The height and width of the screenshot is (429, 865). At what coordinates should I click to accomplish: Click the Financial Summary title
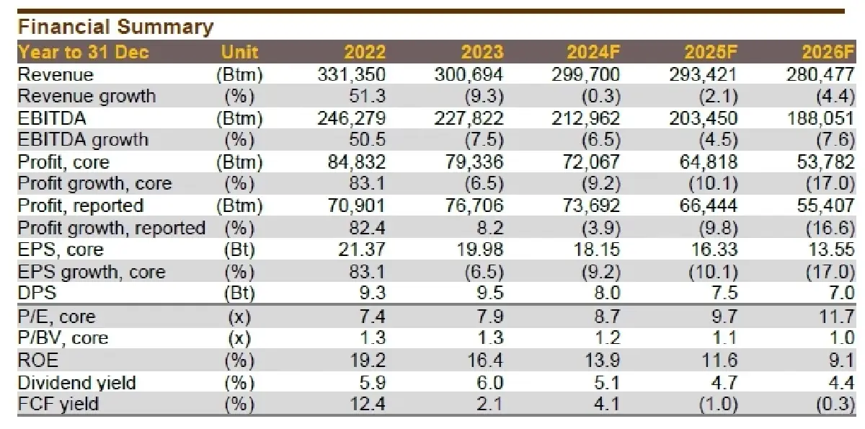click(x=115, y=27)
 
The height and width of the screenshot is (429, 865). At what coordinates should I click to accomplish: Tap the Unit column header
click(x=239, y=53)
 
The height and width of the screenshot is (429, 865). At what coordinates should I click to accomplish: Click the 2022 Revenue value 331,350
click(x=352, y=74)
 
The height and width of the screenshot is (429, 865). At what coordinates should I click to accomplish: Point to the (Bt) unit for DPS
click(x=239, y=293)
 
